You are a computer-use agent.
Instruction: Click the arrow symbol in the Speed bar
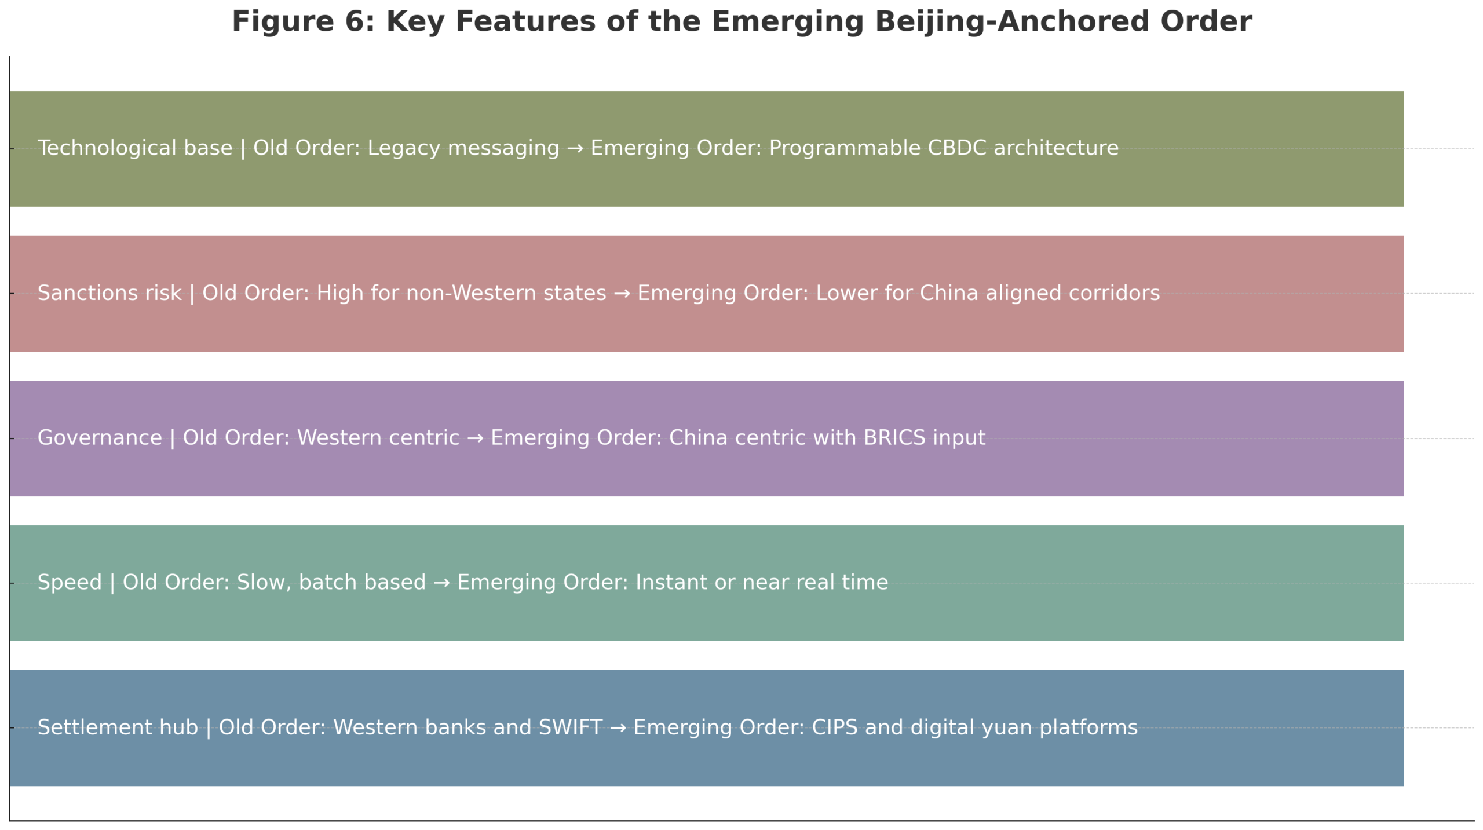click(441, 582)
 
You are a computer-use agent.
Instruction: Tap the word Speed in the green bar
click(70, 582)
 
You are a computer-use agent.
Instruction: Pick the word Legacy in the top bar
click(403, 149)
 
